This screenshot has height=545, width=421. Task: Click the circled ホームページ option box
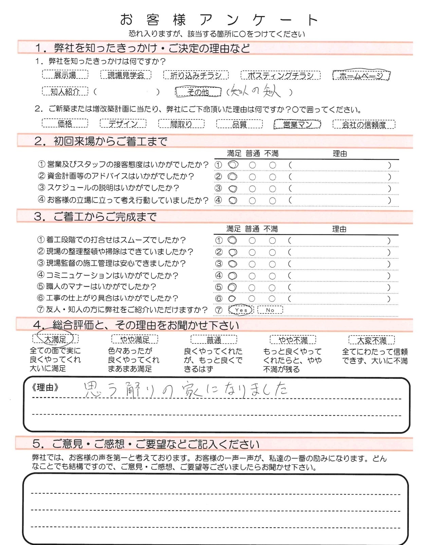pos(361,75)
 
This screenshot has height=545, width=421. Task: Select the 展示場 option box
pos(65,75)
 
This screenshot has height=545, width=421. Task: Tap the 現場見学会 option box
pos(126,75)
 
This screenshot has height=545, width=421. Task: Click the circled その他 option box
pos(198,92)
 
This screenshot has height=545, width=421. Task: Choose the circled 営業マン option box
pos(297,124)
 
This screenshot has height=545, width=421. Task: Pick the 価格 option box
pos(65,123)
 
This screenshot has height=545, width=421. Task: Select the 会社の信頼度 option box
pos(364,124)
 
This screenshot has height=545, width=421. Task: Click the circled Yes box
pos(241,310)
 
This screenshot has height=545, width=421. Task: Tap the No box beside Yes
pos(270,310)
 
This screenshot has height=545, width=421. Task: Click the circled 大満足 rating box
pos(55,339)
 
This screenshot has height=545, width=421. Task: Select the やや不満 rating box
pos(293,340)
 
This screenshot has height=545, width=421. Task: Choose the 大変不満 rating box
pos(371,340)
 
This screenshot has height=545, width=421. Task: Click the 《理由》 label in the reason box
pos(45,388)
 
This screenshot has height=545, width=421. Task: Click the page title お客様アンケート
pos(219,20)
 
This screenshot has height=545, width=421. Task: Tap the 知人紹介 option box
pos(65,91)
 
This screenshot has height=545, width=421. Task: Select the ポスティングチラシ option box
pos(280,75)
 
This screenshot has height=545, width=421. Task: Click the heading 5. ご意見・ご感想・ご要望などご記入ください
pos(146,444)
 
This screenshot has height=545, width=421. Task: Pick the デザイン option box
pos(123,123)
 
